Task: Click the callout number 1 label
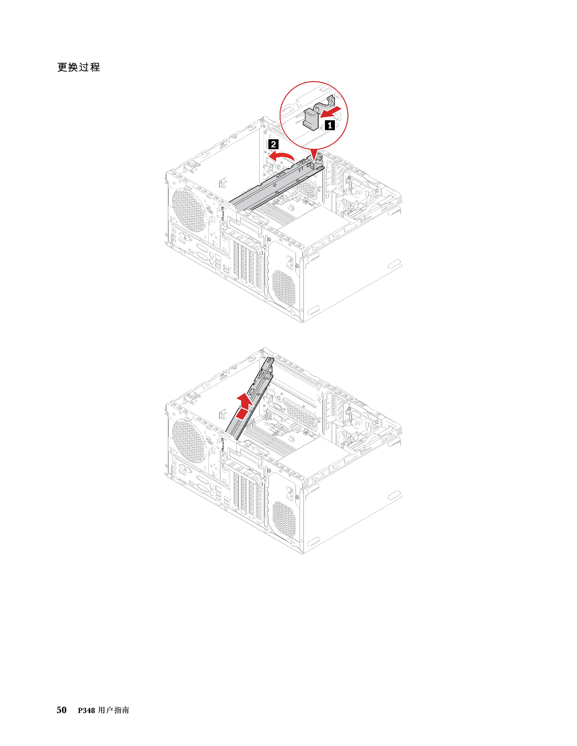[x=330, y=125]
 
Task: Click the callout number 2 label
[x=273, y=144]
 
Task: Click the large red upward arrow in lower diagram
[x=244, y=405]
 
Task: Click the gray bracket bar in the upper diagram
[x=272, y=186]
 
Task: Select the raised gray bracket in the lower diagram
[x=253, y=398]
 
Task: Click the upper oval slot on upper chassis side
[x=394, y=264]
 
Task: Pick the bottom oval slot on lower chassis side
[x=312, y=541]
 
